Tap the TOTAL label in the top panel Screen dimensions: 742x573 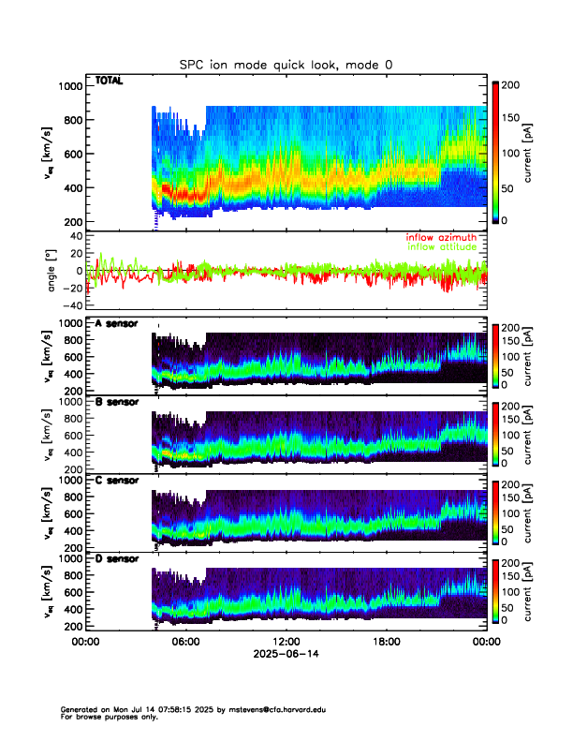[110, 82]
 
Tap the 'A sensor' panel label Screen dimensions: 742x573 [116, 324]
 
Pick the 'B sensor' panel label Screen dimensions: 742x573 [116, 402]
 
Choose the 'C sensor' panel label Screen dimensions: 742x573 [116, 480]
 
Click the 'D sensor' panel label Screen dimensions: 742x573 [116, 558]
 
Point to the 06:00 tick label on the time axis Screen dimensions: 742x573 [185, 643]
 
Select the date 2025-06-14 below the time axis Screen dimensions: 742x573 [286, 655]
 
